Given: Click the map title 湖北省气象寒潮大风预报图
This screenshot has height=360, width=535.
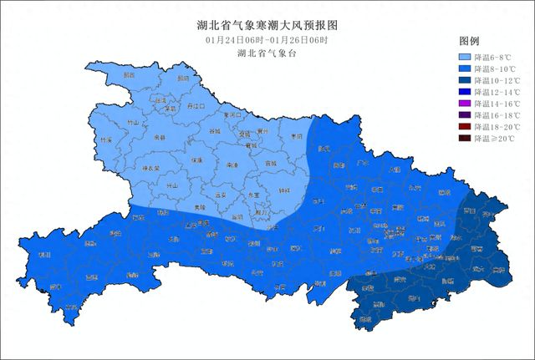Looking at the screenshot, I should (267, 24).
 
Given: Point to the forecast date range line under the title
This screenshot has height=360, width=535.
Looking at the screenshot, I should (267, 40).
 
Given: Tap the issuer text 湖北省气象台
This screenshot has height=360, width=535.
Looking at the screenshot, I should (267, 53).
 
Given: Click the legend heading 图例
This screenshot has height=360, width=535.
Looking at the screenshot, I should (469, 41).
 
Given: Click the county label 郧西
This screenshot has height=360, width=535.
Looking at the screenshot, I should (128, 74).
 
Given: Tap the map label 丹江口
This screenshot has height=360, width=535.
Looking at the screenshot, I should (196, 107).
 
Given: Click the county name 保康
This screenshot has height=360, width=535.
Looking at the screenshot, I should (196, 160).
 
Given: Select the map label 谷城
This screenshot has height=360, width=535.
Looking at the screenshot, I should (215, 131).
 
